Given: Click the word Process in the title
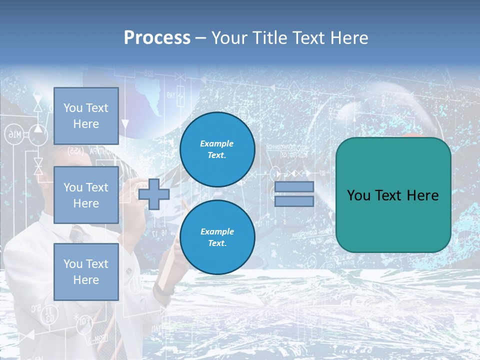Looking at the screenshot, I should coord(157,38).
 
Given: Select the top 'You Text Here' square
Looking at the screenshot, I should coord(86,116).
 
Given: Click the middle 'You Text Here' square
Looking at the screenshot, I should coord(86,195).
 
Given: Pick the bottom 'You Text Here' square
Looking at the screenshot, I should coord(86,271).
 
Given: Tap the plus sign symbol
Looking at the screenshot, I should coord(154,194).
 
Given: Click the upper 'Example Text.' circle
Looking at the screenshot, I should coord(217,149).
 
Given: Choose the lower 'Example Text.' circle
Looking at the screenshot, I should coord(217,237).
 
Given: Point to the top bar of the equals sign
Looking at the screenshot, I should coord(294,186).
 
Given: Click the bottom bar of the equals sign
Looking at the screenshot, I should coord(294,201).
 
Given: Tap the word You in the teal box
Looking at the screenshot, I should coord(358,195).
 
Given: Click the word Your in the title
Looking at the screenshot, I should coord(229,38).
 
